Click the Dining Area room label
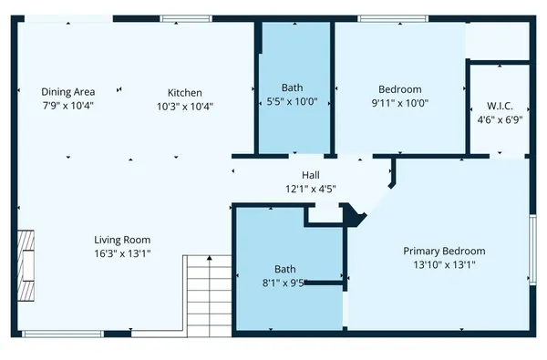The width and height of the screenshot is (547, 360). (x=68, y=92)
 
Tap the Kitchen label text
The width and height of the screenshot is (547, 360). (x=184, y=92)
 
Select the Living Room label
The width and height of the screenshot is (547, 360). (x=122, y=240)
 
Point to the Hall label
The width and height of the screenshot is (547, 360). (x=311, y=176)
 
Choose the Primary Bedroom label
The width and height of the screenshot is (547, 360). (x=444, y=251)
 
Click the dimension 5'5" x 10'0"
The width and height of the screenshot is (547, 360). (x=292, y=103)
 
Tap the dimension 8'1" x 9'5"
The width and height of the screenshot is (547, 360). (x=285, y=283)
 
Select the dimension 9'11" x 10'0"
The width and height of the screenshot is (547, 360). (x=400, y=103)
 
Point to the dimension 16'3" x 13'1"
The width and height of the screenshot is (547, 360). (x=122, y=253)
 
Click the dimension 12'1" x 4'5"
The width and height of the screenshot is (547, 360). (x=311, y=190)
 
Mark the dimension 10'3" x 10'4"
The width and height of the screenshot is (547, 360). (x=184, y=106)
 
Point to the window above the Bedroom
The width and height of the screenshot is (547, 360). (x=382, y=18)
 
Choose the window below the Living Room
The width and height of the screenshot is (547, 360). (x=49, y=334)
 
